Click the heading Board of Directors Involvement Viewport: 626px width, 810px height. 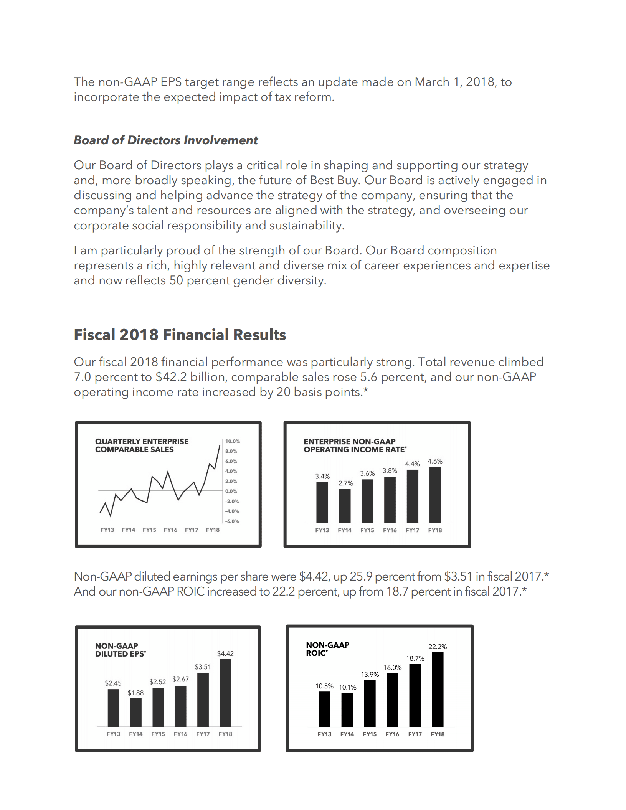(x=165, y=140)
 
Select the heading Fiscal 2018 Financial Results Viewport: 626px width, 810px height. (x=180, y=335)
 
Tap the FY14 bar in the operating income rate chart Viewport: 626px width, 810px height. (x=345, y=505)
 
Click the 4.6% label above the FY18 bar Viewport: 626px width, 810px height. (x=435, y=461)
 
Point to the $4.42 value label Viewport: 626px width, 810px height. (x=225, y=653)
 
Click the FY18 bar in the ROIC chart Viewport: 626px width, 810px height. (x=438, y=689)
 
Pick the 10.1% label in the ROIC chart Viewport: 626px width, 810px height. (x=347, y=687)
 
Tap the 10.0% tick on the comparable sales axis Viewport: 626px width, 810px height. (x=232, y=441)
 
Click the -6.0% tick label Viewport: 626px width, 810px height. (x=232, y=521)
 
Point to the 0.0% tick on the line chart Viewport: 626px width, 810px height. (x=231, y=491)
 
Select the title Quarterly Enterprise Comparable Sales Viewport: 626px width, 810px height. (x=142, y=445)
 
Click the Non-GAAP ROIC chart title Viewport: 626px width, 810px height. (x=327, y=649)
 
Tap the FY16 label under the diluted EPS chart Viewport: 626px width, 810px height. (x=180, y=734)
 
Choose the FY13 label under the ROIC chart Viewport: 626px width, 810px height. (x=324, y=734)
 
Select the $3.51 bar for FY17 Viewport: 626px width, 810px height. (x=203, y=699)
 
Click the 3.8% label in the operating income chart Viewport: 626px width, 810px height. (x=390, y=471)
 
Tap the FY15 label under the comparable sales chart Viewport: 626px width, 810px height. (x=149, y=530)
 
